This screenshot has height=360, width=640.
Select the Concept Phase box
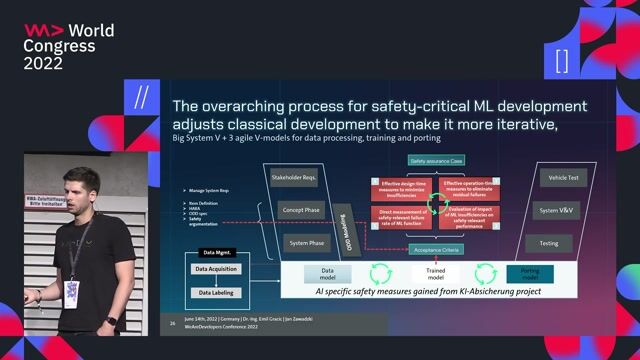click(298, 211)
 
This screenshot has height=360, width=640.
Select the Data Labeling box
click(216, 292)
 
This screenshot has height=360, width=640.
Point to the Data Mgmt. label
click(216, 254)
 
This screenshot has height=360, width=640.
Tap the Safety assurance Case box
click(435, 160)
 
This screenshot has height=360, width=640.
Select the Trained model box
click(435, 273)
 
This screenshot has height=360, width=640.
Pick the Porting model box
click(530, 273)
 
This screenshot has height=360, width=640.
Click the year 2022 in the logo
click(43, 63)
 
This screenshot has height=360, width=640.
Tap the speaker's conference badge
click(71, 291)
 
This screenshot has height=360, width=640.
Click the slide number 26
click(174, 325)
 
